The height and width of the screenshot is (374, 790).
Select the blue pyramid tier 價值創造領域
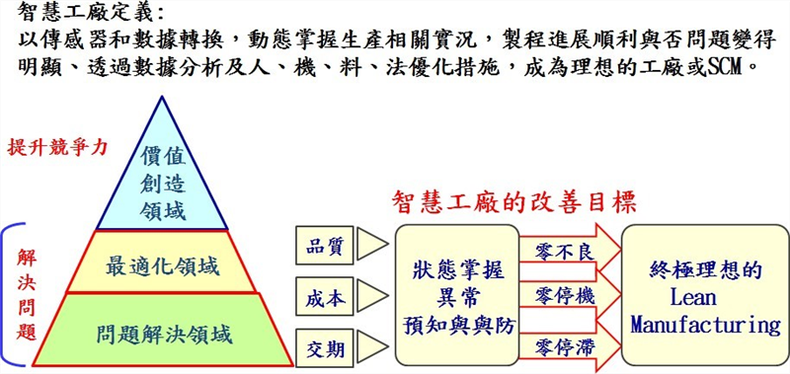click(163, 183)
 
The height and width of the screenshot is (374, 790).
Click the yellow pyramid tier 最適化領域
click(163, 265)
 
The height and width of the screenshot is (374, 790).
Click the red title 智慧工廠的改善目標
click(513, 201)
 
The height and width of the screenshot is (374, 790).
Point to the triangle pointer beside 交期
click(370, 346)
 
